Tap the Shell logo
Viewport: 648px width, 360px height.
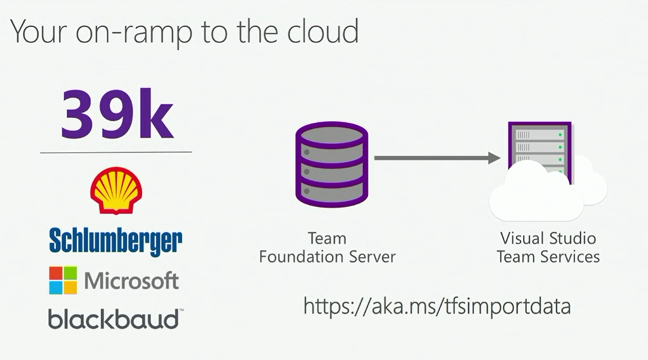[x=116, y=190]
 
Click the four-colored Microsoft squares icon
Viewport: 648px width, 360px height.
[x=63, y=280]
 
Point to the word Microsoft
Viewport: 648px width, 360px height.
[x=132, y=280]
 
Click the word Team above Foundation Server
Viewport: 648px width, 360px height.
[x=327, y=239]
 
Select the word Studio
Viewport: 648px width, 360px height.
[x=571, y=239]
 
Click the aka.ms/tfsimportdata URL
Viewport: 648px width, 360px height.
[x=437, y=306]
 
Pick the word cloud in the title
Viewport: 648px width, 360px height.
[x=319, y=31]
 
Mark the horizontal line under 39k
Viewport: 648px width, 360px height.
[x=116, y=152]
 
